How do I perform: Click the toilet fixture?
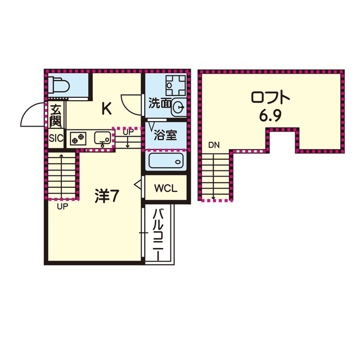click(x=58, y=85)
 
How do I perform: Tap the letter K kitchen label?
click(x=107, y=109)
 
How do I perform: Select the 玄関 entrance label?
click(x=56, y=116)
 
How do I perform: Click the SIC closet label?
click(x=56, y=138)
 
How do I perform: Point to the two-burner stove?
click(x=78, y=138)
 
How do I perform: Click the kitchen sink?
click(x=102, y=138)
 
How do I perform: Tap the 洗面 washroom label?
click(x=160, y=103)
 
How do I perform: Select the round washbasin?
click(x=179, y=107)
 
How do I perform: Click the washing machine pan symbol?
click(x=176, y=85)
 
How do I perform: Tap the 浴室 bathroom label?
click(x=165, y=135)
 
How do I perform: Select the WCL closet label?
click(x=166, y=188)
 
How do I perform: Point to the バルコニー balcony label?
click(x=158, y=235)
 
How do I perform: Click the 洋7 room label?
click(x=106, y=196)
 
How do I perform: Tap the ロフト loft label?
click(x=271, y=98)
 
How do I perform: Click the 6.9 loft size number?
click(x=271, y=116)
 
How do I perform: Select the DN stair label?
click(x=214, y=145)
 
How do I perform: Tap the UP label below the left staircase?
click(x=62, y=207)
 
